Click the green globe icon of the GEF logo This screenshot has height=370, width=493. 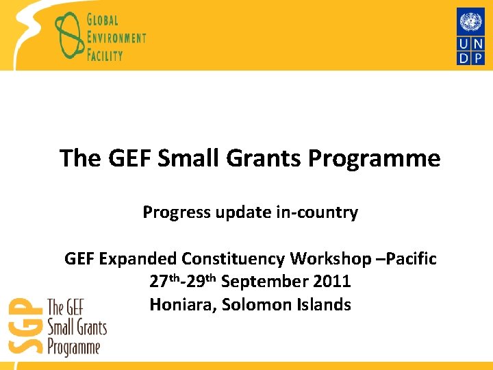[68, 34]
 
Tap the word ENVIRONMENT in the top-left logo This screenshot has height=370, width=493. [116, 37]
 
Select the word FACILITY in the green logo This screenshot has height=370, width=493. [105, 53]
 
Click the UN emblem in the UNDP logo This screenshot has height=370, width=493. [470, 22]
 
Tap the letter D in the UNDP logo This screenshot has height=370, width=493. [463, 59]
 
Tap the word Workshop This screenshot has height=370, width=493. [323, 259]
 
